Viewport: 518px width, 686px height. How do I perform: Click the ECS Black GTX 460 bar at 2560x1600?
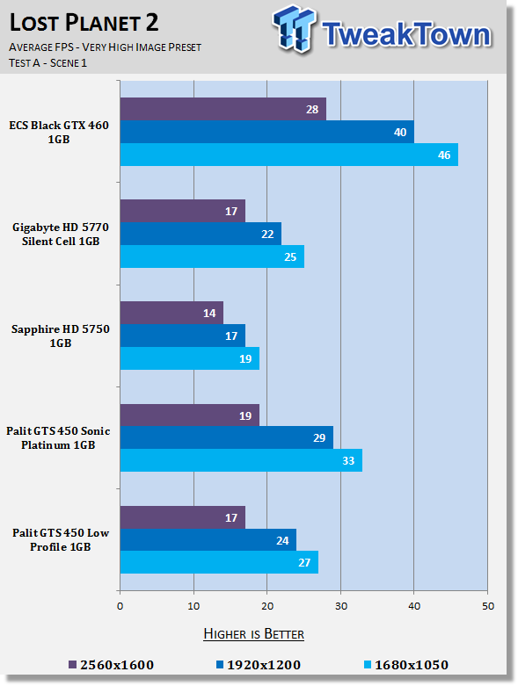(x=223, y=109)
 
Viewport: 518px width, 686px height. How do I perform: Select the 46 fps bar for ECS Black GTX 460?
(x=289, y=155)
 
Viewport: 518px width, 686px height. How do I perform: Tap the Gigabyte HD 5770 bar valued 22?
(x=201, y=234)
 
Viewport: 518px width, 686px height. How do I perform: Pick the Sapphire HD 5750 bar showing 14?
(x=171, y=313)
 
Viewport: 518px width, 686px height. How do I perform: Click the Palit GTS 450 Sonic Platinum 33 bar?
(x=241, y=460)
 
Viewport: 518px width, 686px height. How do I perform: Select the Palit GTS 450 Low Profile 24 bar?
(x=208, y=540)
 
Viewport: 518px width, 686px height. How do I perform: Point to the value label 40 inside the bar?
(x=400, y=132)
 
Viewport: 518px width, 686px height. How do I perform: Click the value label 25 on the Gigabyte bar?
(x=290, y=256)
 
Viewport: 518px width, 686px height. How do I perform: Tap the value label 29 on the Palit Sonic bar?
(x=319, y=438)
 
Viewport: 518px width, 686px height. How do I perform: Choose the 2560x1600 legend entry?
(x=111, y=665)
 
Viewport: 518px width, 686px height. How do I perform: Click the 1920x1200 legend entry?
(x=259, y=665)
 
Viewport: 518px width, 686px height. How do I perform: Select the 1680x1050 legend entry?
(x=406, y=665)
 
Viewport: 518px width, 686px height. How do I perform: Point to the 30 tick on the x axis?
(x=341, y=606)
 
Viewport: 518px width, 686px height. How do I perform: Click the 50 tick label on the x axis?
(x=488, y=606)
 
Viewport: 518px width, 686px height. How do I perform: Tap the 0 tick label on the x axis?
(x=120, y=606)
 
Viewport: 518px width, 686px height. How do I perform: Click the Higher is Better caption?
(x=254, y=634)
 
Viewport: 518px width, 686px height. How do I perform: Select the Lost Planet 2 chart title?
(x=84, y=22)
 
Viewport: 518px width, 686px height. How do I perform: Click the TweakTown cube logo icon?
(x=294, y=28)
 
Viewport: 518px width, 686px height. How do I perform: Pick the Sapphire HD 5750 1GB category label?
(x=61, y=336)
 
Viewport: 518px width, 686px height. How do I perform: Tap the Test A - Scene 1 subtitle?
(x=47, y=63)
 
